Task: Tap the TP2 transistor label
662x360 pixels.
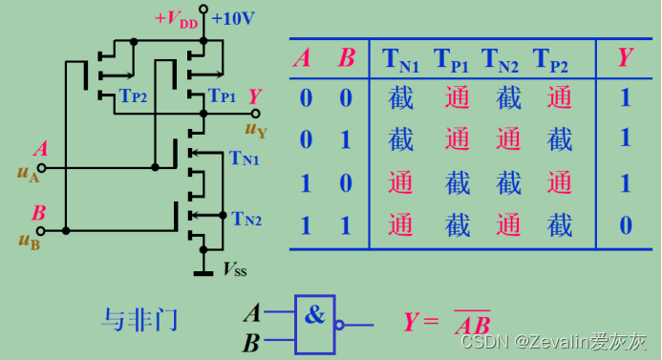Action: pos(133,96)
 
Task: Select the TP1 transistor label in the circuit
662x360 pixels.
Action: pos(221,96)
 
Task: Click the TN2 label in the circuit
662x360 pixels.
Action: pos(246,219)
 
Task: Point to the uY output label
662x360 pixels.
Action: pos(256,130)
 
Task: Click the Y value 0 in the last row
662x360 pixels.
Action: pos(625,225)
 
